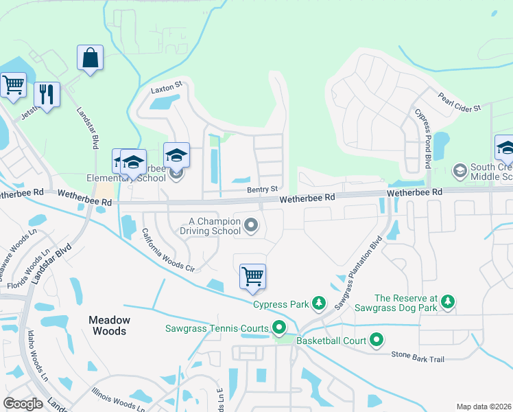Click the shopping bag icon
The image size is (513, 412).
[x=91, y=58]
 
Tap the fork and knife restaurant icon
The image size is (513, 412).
[x=47, y=95]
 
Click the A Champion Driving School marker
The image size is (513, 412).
[x=252, y=225]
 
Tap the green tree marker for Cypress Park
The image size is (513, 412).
[x=318, y=303]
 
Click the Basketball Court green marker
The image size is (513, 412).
[x=377, y=339]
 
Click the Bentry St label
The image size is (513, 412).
[x=263, y=189]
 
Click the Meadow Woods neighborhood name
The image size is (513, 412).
[x=108, y=325]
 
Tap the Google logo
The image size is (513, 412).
[x=23, y=403]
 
